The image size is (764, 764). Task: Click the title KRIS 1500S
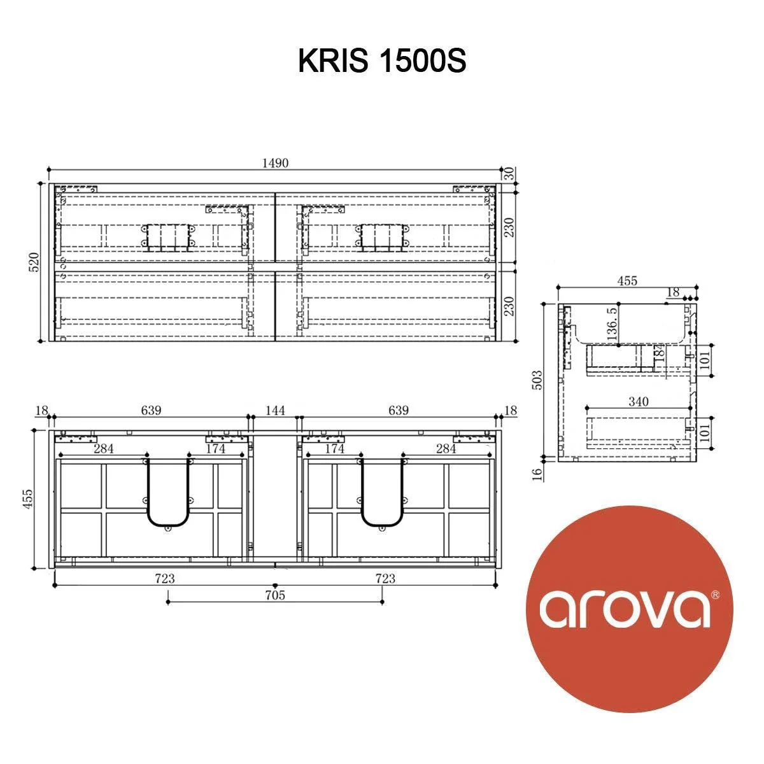[382, 62]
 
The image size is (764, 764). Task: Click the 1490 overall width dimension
[276, 163]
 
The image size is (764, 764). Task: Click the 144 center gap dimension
[275, 411]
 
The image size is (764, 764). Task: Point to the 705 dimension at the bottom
[274, 595]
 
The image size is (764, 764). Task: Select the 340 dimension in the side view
[638, 401]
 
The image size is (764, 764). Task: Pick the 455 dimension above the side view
[626, 281]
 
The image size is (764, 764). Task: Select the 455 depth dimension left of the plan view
[27, 499]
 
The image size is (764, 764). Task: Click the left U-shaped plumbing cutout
[167, 494]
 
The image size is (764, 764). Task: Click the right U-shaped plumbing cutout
[382, 494]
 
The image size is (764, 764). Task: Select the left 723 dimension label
[165, 578]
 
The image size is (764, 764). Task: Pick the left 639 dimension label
[151, 411]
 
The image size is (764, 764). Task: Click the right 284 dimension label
[446, 449]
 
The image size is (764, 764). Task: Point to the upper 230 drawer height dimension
[509, 227]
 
